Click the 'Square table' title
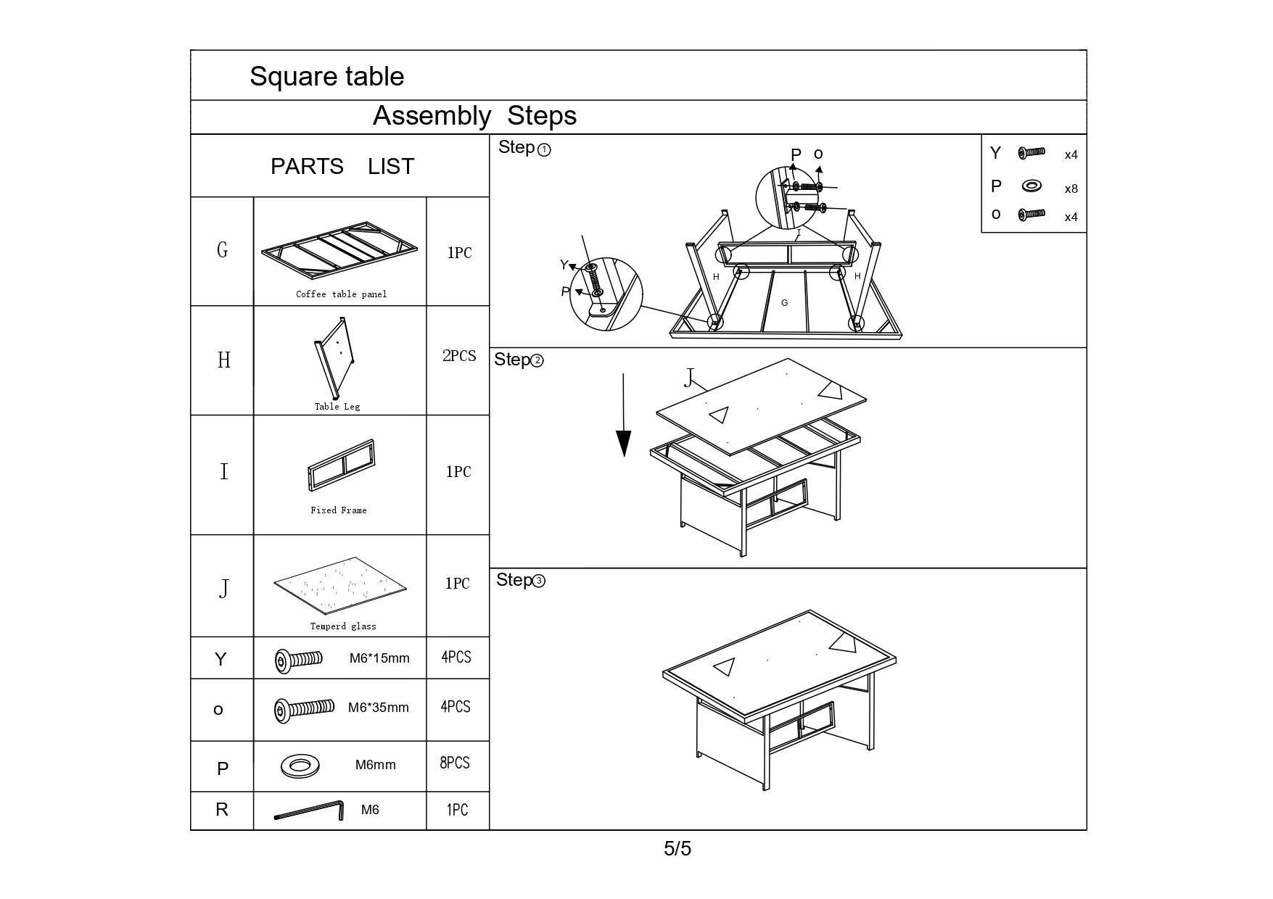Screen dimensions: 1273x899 coord(326,77)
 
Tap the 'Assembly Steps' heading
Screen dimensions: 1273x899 coord(474,116)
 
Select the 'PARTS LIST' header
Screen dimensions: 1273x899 coord(342,167)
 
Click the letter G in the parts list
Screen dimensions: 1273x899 coord(223,250)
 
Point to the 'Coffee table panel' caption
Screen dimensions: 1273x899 coord(342,294)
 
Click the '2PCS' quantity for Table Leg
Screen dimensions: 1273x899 coord(459,356)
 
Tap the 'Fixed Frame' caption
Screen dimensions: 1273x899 coord(339,510)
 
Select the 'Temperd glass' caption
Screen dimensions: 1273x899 coord(343,626)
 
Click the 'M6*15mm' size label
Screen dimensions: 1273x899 coord(379,658)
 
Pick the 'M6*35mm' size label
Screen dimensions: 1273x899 coord(379,708)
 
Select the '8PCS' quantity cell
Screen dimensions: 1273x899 coord(455,763)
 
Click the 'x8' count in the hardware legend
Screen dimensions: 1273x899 coord(1071,189)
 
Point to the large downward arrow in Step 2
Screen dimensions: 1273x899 coord(624,415)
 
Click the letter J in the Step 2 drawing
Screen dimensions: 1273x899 coord(689,378)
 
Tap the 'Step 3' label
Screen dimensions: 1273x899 coord(521,580)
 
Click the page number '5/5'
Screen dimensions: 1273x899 coord(677,848)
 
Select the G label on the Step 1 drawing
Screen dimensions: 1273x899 coord(784,303)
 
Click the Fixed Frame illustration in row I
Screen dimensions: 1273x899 coord(342,465)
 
